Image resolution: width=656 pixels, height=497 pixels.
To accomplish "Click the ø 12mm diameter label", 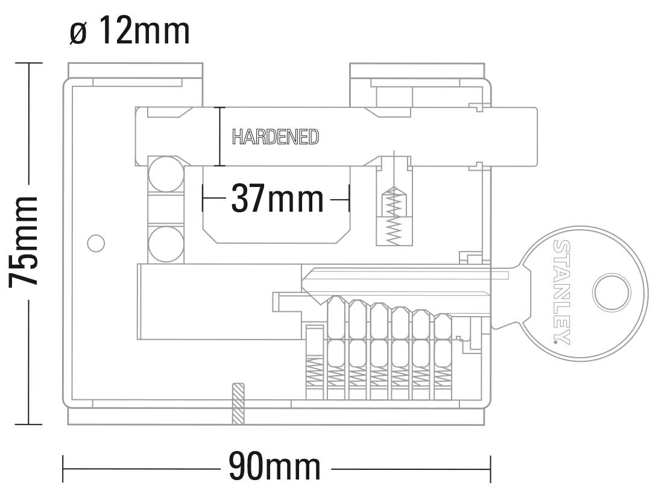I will (130, 31).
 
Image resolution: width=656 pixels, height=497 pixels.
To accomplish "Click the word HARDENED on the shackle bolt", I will (276, 137).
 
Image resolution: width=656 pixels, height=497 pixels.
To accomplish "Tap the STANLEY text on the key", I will (562, 292).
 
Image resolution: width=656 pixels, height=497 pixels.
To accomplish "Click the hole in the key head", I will (611, 293).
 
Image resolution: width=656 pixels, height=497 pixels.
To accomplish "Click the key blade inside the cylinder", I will (398, 283).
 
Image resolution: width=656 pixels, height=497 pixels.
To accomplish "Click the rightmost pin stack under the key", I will (443, 356).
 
